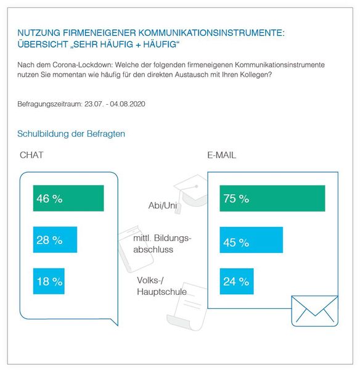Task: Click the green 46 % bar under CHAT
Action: [68, 199]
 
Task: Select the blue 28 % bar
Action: [55, 240]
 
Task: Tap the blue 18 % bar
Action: [49, 281]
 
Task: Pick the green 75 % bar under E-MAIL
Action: [272, 199]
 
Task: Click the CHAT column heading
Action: [31, 155]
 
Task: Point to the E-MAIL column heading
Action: [221, 155]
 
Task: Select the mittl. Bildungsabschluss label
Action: [163, 244]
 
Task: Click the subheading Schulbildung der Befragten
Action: [72, 133]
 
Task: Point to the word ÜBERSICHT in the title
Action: [45, 44]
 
